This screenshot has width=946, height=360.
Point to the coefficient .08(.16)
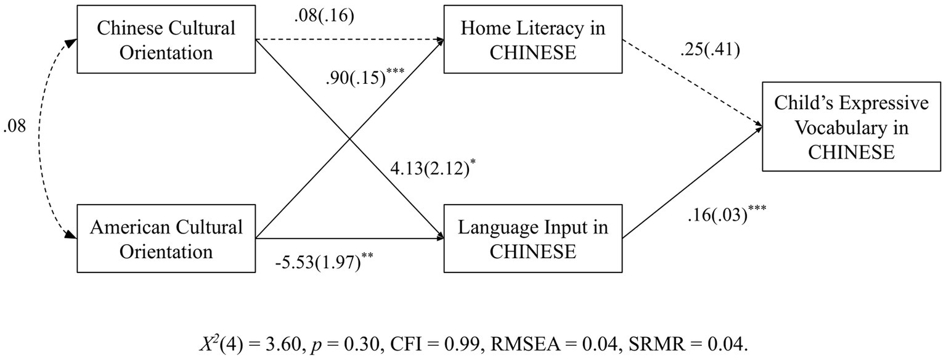(x=324, y=17)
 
